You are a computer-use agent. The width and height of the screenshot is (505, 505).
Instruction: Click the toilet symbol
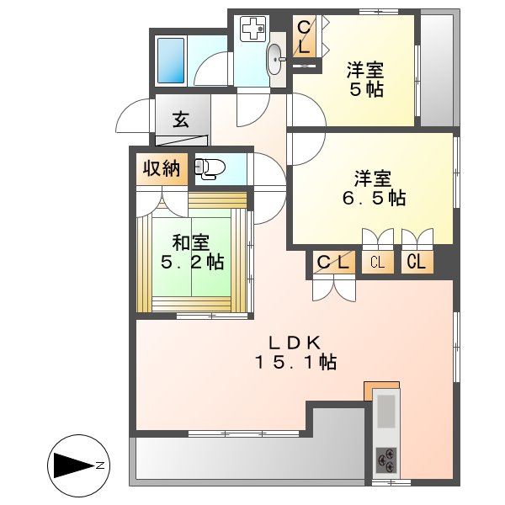pos(210,167)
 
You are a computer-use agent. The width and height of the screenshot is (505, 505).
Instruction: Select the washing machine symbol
pos(252,30)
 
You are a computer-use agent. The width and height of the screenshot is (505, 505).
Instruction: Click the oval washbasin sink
pos(275,59)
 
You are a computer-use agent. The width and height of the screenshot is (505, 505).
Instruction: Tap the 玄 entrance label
pos(181,119)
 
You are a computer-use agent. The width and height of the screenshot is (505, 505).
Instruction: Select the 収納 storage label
pos(161,168)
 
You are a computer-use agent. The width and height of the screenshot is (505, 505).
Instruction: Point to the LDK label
pos(294,343)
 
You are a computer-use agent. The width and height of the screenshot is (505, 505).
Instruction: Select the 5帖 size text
pos(367,89)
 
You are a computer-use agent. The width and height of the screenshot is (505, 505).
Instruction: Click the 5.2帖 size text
pos(192,262)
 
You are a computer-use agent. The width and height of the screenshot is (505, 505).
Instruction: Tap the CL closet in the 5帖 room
pos(305,37)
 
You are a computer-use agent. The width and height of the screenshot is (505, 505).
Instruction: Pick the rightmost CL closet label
pos(416,263)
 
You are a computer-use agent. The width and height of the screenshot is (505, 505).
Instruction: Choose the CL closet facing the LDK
pos(332,263)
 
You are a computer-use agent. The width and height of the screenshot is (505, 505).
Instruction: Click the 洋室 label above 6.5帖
pos(372,178)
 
